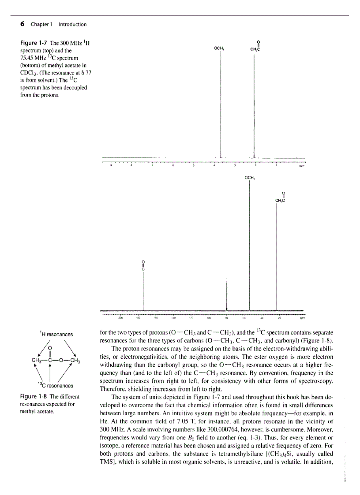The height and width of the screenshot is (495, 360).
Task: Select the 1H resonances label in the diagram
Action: pyautogui.click(x=56, y=335)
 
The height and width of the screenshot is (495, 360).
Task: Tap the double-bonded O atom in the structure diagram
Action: pyautogui.click(x=56, y=348)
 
